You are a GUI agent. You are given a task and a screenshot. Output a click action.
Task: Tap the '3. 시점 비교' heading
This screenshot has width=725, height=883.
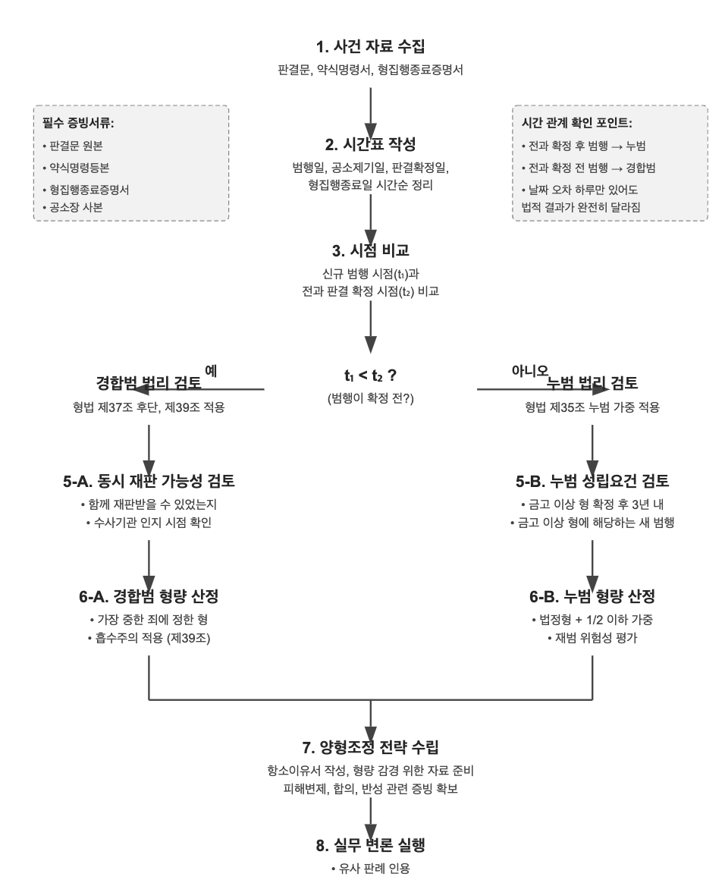[370, 251]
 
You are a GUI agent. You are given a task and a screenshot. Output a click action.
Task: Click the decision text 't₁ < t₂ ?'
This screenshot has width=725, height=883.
[370, 375]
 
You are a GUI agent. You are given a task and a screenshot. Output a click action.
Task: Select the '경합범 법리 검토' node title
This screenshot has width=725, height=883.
[149, 383]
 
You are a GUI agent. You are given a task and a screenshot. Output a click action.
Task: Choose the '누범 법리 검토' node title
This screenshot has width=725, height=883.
[592, 383]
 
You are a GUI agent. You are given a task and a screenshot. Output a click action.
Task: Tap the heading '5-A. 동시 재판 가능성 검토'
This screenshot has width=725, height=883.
[149, 482]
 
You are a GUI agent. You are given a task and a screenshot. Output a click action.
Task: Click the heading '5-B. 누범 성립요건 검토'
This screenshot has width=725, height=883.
[592, 482]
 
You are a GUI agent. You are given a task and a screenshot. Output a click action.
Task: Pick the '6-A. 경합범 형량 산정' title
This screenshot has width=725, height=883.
[149, 595]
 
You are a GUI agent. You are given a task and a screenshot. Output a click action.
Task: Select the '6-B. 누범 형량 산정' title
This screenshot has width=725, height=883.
[592, 595]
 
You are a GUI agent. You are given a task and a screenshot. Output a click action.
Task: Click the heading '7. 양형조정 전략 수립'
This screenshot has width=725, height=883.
[370, 747]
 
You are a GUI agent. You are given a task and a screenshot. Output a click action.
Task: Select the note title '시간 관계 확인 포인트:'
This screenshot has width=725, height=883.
[576, 123]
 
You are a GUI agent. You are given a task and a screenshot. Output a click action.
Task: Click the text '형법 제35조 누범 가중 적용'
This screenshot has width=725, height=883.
[592, 407]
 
